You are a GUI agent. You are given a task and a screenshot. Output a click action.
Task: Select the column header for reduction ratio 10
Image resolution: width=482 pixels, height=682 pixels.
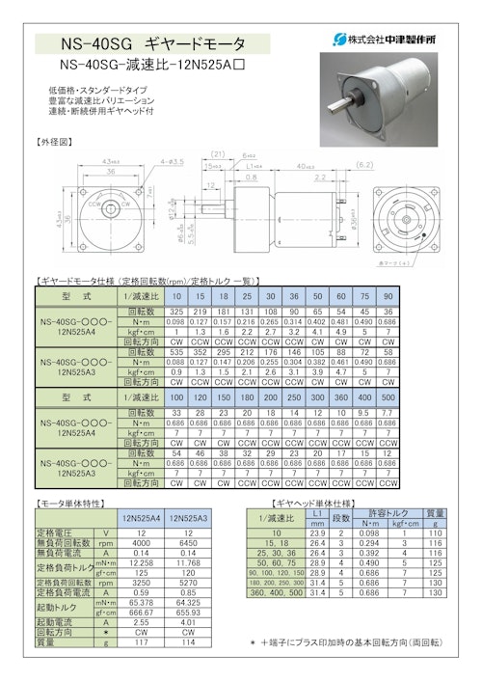point(177,296)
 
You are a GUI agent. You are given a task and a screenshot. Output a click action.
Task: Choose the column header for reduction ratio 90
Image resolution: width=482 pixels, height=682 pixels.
point(387,296)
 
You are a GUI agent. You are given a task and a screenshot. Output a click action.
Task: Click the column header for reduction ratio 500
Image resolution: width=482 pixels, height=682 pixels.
point(387,398)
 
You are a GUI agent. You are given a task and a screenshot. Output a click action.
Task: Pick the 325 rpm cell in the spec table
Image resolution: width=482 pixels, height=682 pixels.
point(177,313)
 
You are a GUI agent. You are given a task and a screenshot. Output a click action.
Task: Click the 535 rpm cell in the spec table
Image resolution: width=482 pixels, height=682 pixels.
point(177,353)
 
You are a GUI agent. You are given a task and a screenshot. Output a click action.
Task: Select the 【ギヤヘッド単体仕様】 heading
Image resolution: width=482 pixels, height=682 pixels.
point(314,504)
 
